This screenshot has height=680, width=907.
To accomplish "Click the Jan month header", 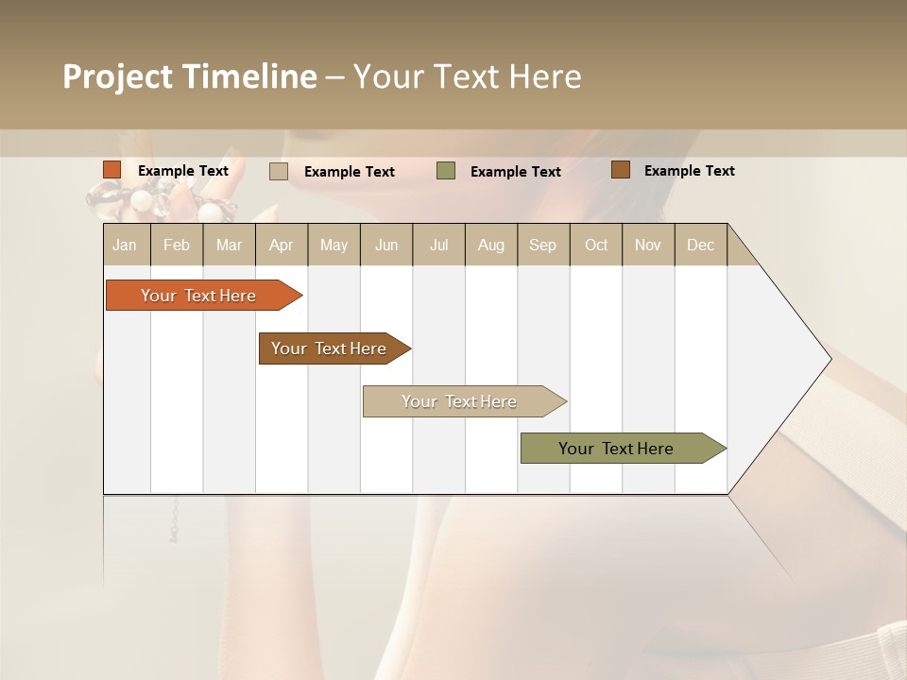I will pyautogui.click(x=125, y=245).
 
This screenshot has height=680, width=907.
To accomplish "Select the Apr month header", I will pyautogui.click(x=281, y=245).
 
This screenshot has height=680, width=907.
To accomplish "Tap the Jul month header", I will pyautogui.click(x=438, y=245).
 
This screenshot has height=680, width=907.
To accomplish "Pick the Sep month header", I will pyautogui.click(x=542, y=245).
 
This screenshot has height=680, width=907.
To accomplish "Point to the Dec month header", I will pyautogui.click(x=700, y=245).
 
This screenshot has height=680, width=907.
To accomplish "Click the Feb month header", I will pyautogui.click(x=177, y=245).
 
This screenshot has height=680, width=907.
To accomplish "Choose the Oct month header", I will pyautogui.click(x=596, y=245).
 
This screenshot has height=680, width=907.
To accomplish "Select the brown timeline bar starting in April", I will pyautogui.click(x=331, y=348).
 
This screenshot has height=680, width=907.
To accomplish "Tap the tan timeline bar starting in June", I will pyautogui.click(x=460, y=401).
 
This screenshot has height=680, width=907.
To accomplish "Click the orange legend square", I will pyautogui.click(x=112, y=170).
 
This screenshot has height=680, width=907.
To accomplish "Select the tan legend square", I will pyautogui.click(x=279, y=171).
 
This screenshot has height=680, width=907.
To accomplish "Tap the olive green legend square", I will pyautogui.click(x=446, y=171).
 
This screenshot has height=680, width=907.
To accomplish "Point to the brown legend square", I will pyautogui.click(x=620, y=170).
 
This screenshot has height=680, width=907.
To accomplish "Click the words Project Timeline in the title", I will pyautogui.click(x=190, y=76).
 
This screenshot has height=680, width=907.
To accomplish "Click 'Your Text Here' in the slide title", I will pyautogui.click(x=467, y=76).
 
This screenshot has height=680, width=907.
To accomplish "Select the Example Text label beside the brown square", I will pyautogui.click(x=689, y=171).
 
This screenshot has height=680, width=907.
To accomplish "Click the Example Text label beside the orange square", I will pyautogui.click(x=183, y=171).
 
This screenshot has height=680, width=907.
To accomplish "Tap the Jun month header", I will pyautogui.click(x=386, y=245).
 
